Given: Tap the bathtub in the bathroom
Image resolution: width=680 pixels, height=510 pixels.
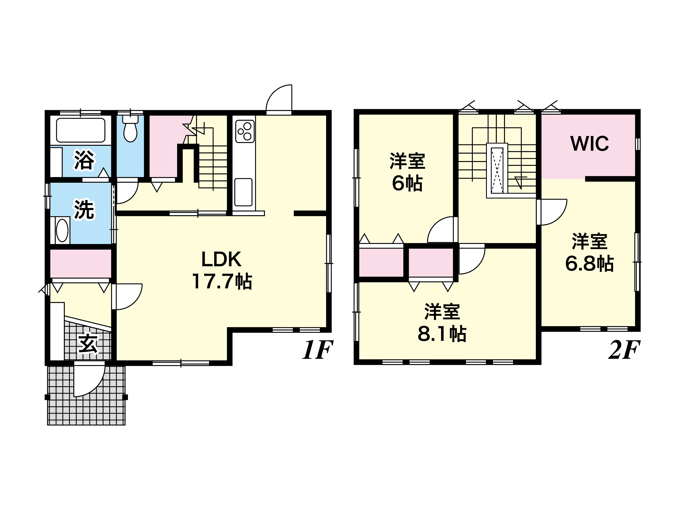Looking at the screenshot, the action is point(81,130).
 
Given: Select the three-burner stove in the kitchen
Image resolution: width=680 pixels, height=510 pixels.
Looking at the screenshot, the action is point(245,131).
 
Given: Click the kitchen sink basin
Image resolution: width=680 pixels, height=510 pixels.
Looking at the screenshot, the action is point(243,192).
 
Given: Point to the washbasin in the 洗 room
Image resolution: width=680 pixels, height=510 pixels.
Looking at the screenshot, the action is point(62,230).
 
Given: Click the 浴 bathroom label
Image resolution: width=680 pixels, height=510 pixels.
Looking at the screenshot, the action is point(84,160).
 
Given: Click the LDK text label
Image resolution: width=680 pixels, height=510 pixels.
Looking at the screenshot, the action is point(221,259).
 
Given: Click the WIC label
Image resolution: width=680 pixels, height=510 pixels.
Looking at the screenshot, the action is point(589,143).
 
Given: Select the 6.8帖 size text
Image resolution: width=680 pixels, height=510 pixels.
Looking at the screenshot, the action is point(589,264).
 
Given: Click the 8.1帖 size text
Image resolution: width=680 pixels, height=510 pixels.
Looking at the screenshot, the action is point(442,334).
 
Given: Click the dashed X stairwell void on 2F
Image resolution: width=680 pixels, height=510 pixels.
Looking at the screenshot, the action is point(497,170).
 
